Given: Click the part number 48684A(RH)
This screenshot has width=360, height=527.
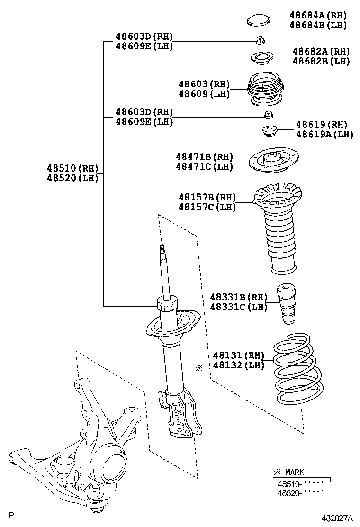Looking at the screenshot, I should [x=318, y=15].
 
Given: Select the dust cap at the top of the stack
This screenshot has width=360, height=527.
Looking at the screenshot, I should [x=258, y=20].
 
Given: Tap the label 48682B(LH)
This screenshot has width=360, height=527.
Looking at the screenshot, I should [x=321, y=61].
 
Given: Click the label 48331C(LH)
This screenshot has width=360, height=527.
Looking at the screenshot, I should [x=238, y=307].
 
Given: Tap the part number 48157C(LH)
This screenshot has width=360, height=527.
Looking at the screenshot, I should [x=207, y=207].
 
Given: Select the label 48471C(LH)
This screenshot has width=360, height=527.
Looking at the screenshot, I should [x=204, y=166].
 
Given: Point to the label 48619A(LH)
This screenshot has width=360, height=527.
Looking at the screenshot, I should [x=325, y=135].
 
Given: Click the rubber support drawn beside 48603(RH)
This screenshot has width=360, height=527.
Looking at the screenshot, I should [x=265, y=90].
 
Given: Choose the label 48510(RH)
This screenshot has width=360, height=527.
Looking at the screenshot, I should [x=72, y=168].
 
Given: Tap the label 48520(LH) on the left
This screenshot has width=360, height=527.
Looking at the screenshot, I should [x=72, y=178].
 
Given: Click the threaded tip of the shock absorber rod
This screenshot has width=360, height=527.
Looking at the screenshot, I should [x=162, y=250].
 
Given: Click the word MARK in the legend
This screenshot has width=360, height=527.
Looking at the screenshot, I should [x=294, y=472].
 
